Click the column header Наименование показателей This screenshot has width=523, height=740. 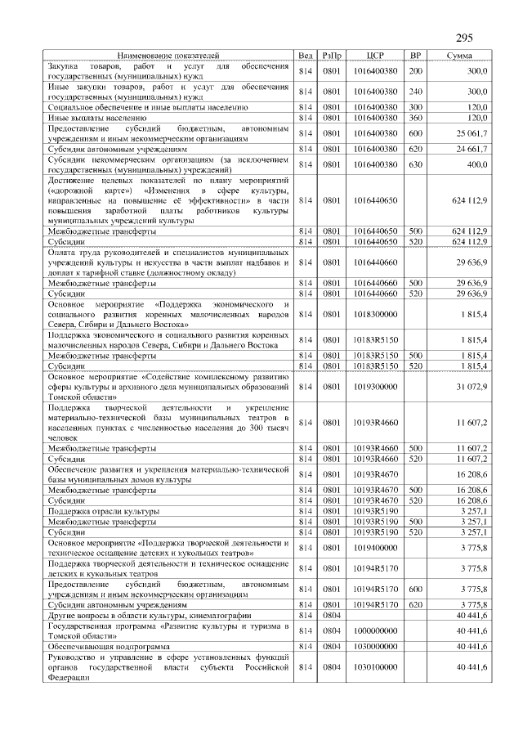click(168, 55)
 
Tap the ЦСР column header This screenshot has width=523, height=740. click(376, 55)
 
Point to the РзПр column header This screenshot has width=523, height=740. click(333, 55)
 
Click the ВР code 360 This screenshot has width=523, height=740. click(415, 118)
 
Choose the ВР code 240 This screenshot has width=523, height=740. click(415, 92)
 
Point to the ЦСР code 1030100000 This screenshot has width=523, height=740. click(376, 667)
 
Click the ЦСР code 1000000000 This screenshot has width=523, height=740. click(376, 630)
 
